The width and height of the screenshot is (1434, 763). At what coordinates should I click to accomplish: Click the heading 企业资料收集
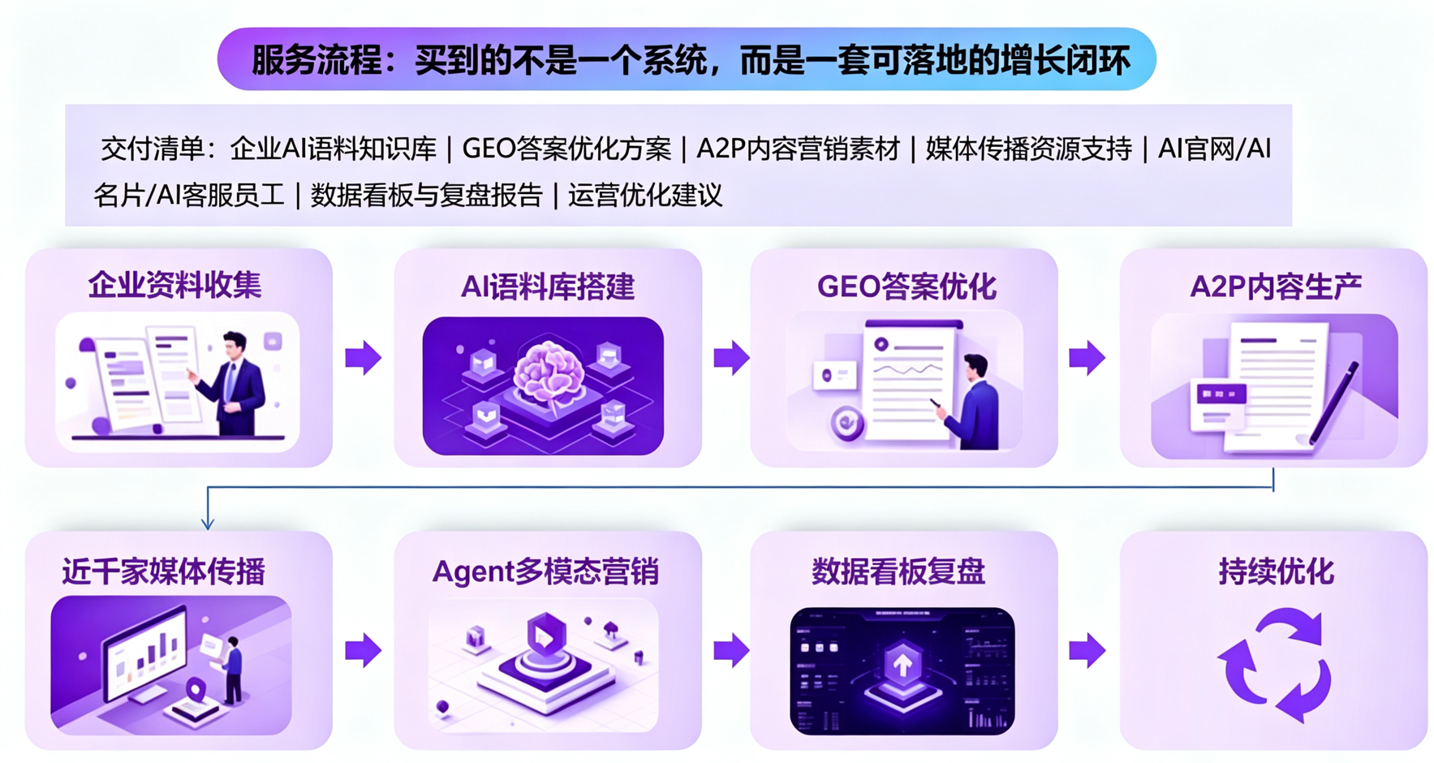[174, 285]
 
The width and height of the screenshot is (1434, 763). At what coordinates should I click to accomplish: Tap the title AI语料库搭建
[547, 287]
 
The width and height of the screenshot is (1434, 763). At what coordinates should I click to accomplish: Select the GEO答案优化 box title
[906, 287]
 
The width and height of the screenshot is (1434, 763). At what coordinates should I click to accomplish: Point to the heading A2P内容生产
[1275, 287]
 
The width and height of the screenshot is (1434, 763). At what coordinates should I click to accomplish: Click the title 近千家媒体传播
[164, 571]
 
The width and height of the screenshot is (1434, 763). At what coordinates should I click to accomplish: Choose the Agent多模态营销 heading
[545, 571]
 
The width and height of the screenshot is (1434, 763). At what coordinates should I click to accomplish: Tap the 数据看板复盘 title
[898, 571]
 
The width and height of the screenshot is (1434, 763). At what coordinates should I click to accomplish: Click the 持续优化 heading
[1276, 571]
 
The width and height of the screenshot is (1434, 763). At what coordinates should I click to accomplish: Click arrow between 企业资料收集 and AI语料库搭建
[363, 358]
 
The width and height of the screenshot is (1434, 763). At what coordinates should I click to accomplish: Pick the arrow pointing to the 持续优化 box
[1087, 650]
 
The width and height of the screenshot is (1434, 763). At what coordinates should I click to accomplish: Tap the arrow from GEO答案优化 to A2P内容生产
[1087, 358]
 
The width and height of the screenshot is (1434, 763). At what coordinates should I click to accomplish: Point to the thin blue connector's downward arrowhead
[208, 522]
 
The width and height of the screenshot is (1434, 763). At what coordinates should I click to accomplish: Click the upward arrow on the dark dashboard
[902, 666]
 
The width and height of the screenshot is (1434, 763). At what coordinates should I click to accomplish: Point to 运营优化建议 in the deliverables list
[645, 196]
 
